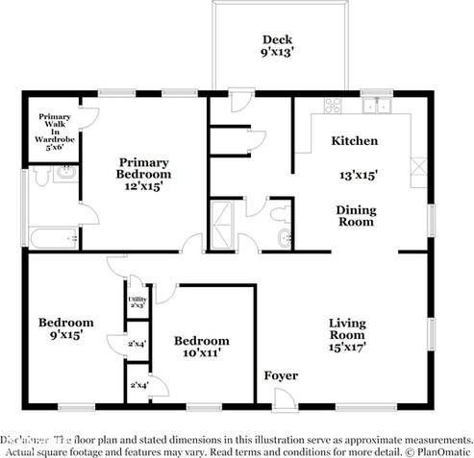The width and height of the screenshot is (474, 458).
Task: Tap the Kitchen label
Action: click(354, 141)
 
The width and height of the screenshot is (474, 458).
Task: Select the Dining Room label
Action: click(355, 215)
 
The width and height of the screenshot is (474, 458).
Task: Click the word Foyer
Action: click(281, 375)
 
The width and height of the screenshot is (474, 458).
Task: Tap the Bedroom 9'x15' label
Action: click(65, 328)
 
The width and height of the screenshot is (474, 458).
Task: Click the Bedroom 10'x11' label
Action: click(201, 347)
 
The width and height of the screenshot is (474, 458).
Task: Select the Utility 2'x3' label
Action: click(137, 302)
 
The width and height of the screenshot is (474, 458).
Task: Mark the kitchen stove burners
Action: click(333, 106)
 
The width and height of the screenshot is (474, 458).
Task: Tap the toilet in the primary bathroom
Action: click(63, 175)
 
